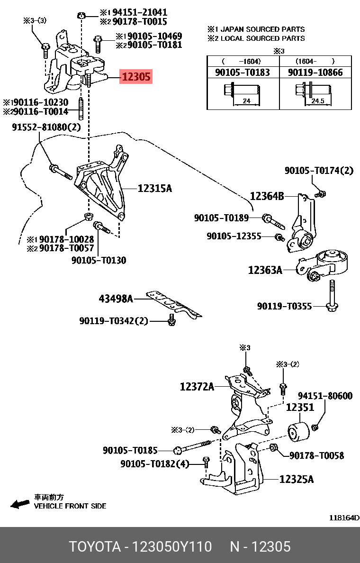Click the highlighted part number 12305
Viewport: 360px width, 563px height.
136,76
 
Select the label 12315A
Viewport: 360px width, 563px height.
155,188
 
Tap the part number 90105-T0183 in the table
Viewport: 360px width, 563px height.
243,72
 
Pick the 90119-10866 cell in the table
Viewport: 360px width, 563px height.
315,72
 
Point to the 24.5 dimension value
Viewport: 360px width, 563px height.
318,101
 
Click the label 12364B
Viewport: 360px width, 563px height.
267,196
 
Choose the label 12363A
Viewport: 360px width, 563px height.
265,270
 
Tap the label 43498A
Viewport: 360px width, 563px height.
116,299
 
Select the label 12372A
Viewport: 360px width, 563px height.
197,387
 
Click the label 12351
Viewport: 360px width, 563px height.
300,408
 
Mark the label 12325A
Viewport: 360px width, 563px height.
297,479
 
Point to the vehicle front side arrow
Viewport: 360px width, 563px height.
20,504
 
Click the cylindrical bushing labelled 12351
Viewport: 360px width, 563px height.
298,432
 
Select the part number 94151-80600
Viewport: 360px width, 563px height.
325,396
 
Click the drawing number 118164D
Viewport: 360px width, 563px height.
344,518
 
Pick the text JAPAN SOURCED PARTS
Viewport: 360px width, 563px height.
263,29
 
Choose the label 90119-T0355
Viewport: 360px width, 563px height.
284,306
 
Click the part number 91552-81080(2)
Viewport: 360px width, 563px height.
46,127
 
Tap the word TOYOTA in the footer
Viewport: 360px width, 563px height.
95,547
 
